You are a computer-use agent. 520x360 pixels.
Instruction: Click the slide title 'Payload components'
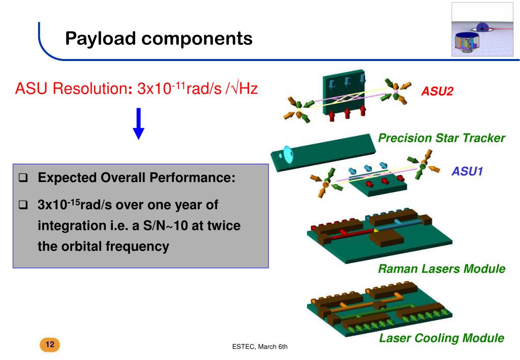click(159, 38)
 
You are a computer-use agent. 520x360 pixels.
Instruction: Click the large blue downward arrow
click(139, 124)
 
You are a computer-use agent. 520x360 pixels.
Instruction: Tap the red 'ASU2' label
click(437, 92)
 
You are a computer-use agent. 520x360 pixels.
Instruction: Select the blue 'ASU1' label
click(467, 172)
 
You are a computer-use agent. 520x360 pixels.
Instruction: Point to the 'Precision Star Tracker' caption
click(441, 138)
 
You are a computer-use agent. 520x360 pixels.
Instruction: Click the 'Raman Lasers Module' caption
click(441, 268)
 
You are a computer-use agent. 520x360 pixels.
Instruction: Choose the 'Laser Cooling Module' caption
click(441, 338)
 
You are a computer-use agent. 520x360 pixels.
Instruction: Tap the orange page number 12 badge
click(50, 345)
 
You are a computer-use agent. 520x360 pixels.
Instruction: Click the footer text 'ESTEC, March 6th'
click(260, 347)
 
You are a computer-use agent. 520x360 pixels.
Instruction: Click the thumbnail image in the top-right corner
click(483, 29)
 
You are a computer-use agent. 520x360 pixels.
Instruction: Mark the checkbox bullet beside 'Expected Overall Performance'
click(22, 178)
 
